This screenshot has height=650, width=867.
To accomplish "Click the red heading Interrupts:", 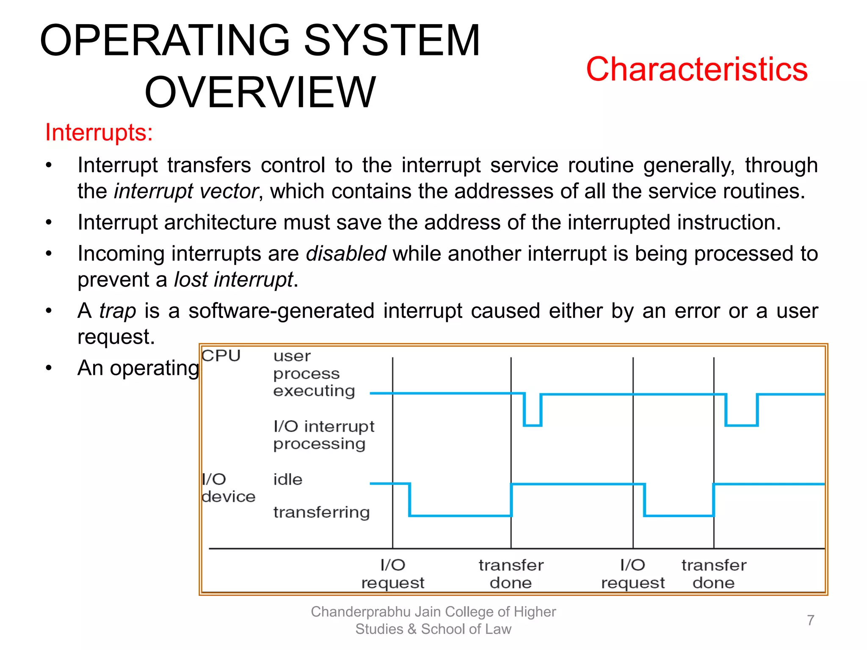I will point(99,132).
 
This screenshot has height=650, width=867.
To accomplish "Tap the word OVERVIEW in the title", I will point(260,92).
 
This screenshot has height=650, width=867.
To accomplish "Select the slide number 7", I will point(810,620).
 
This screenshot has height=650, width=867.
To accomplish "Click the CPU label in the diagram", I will point(221,356).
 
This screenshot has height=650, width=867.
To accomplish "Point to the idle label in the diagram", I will point(288,479).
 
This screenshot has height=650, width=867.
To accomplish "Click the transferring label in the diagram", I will point(321,512).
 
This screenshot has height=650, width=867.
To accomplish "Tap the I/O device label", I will point(228,488).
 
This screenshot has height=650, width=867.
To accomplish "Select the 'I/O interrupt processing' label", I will point(323,435).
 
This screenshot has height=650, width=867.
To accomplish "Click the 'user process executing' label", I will point(314,373).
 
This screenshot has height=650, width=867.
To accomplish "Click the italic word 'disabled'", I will point(346,254).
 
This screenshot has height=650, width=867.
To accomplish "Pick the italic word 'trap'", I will point(118,311).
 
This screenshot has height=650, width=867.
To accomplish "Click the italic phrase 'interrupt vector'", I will point(186,191).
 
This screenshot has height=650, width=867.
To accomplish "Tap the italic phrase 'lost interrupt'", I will point(234,280).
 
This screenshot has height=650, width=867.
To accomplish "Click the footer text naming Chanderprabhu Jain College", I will point(433,620).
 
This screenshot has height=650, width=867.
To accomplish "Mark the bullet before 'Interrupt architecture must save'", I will point(49,223).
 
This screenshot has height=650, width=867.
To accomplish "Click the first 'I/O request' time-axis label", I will point(392,574).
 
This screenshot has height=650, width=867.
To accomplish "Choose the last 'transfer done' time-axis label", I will point(714,574).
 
